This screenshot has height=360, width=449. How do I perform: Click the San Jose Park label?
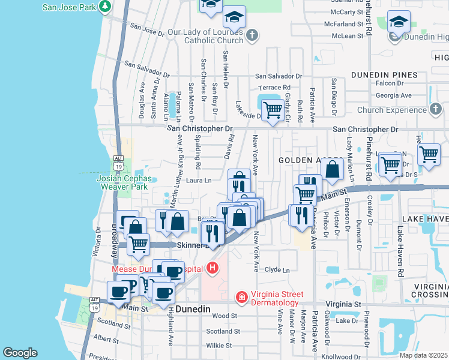[x=69, y=7]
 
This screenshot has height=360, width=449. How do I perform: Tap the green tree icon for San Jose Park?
[x=106, y=7]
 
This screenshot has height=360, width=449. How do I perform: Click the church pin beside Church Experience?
[x=436, y=110]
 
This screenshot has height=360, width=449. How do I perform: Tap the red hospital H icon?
[x=211, y=268]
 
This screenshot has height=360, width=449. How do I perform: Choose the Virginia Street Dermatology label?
[x=284, y=294]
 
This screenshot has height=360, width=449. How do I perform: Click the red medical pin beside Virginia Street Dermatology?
[x=241, y=297]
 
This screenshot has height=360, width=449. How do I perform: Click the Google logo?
[x=20, y=353]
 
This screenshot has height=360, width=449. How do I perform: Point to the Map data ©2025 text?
[x=424, y=355]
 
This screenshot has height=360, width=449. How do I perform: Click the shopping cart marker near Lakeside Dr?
[x=273, y=109]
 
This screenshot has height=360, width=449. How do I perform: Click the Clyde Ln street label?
[x=277, y=270]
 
